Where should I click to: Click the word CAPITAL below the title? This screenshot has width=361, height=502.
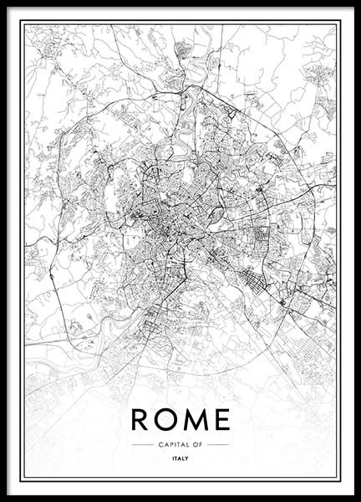(x=171, y=444)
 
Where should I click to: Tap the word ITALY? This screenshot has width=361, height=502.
(x=180, y=458)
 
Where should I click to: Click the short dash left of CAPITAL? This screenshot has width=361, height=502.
(x=142, y=444)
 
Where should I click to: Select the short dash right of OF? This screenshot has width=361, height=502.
(x=217, y=444)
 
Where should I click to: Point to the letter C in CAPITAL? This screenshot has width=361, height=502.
(x=159, y=444)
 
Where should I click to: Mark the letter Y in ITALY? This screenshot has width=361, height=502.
(x=187, y=458)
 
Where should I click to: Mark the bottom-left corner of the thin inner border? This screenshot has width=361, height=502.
(x=23, y=479)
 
